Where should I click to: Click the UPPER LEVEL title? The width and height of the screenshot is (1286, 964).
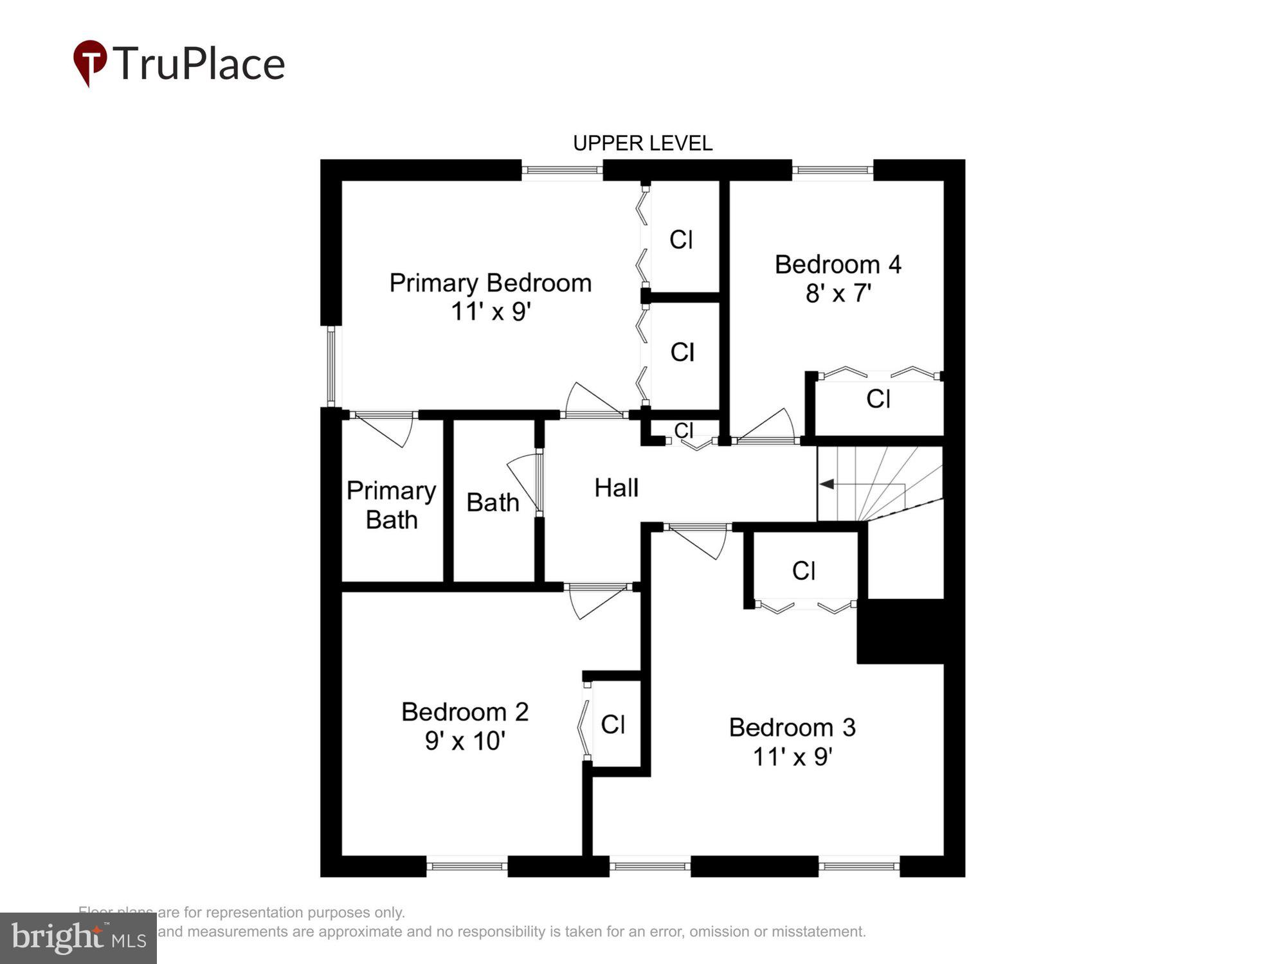point(642,143)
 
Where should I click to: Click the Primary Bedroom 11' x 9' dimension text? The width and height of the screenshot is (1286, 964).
point(491,312)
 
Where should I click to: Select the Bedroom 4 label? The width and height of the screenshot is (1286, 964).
point(838,264)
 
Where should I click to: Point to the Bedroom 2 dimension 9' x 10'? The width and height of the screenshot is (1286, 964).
point(465,741)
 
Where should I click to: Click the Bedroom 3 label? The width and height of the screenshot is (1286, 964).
point(792,727)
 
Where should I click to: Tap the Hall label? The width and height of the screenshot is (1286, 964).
point(616,488)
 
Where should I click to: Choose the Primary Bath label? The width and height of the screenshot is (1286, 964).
point(391,505)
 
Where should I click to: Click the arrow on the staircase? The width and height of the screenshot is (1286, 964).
point(827,484)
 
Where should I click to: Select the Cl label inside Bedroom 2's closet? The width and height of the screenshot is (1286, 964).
point(613,724)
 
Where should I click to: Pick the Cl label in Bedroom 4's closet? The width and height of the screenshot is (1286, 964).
point(878,399)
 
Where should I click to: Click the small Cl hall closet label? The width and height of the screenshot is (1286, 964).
point(684,429)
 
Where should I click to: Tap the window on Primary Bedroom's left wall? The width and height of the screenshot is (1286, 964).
point(331,366)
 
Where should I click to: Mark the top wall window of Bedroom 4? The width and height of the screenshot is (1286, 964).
point(832,170)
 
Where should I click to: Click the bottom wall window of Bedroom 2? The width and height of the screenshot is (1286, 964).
point(467,866)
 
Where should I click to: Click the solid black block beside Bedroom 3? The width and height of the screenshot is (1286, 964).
point(900,631)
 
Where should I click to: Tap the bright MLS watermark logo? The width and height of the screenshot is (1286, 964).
point(78,938)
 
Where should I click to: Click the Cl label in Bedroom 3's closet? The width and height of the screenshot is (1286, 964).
point(804,571)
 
